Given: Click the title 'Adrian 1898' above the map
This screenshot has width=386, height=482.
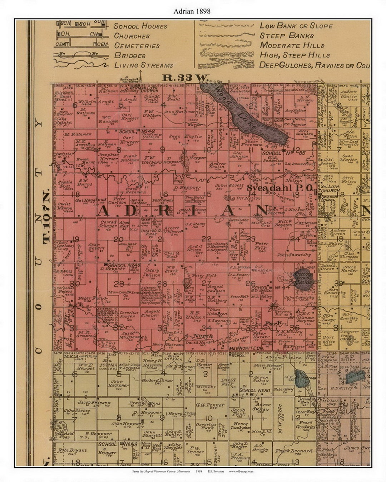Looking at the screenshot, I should tap(192, 11).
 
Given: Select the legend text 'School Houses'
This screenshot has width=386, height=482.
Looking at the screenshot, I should tap(140, 26).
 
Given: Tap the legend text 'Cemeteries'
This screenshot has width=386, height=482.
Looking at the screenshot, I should tap(137, 46).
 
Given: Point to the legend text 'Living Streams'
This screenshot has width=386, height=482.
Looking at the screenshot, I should tap(144, 65).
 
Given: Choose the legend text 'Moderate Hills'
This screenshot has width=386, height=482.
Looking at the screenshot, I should tap(292, 45).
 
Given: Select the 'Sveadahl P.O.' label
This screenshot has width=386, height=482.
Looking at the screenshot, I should tap(280, 188).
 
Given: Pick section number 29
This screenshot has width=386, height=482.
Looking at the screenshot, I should tap(119, 284).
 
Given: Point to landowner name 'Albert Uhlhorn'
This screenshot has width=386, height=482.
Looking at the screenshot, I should tap(172, 230).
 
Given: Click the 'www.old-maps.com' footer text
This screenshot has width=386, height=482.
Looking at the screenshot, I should tap(241, 471).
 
